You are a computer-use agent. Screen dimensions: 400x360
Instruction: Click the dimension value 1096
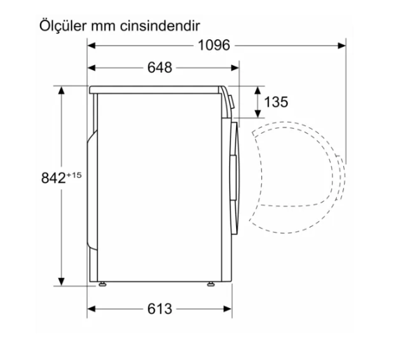(214, 46)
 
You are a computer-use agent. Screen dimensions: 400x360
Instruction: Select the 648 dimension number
(160, 68)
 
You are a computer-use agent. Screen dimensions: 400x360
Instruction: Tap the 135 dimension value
(276, 102)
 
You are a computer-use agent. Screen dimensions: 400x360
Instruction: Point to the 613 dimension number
(160, 309)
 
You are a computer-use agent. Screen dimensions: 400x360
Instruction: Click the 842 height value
(53, 178)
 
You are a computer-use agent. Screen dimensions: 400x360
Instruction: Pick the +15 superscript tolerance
(74, 175)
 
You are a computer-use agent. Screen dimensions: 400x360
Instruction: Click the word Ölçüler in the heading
(62, 25)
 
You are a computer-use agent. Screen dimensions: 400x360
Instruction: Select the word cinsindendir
(160, 26)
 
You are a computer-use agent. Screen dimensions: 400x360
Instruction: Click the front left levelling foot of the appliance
(102, 284)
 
